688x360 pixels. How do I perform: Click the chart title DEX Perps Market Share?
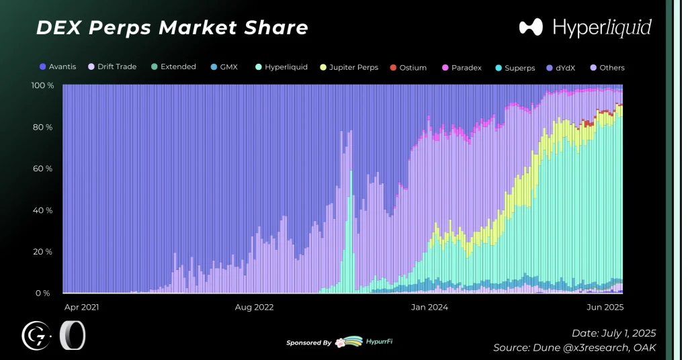171,28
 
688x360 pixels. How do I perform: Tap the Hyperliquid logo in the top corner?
585,28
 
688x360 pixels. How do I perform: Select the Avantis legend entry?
58,67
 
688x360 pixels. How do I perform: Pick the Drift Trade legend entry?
112,67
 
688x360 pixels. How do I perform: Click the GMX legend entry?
224,67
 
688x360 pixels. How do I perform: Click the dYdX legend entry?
564,68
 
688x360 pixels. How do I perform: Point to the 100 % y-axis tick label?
43,86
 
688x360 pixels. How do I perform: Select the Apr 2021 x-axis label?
81,307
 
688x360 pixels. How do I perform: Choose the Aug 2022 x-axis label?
254,307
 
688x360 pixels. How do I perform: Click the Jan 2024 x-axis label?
429,307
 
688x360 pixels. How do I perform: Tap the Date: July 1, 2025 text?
613,333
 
